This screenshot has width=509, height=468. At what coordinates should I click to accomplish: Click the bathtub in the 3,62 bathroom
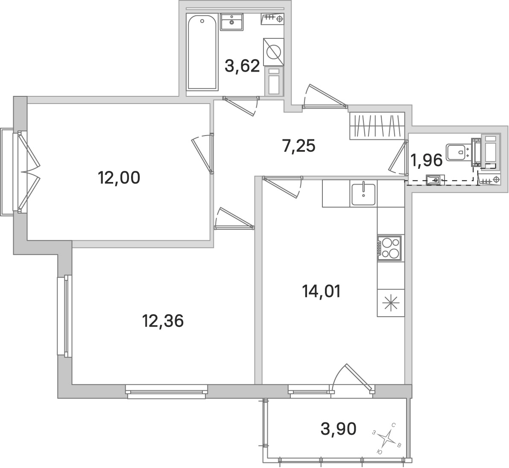(202, 52)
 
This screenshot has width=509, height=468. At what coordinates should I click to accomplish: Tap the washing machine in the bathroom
(273, 52)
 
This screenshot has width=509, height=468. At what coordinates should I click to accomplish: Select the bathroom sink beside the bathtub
(232, 22)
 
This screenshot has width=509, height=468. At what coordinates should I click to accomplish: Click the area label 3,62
(243, 66)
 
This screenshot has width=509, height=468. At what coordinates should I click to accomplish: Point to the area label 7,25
(298, 146)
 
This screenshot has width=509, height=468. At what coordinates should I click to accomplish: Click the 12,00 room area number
(119, 178)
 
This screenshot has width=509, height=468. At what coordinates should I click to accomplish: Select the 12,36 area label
(163, 321)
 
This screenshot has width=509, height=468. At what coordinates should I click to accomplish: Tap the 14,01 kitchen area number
(322, 292)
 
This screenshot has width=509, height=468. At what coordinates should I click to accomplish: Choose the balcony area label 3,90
(339, 429)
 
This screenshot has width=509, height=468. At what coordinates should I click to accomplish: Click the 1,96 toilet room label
(427, 160)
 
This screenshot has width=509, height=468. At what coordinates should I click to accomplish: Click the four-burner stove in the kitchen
(389, 248)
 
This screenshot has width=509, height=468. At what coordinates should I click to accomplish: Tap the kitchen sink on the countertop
(363, 194)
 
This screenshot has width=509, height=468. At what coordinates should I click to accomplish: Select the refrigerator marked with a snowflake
(391, 303)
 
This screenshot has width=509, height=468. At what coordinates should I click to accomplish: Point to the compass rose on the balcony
(386, 438)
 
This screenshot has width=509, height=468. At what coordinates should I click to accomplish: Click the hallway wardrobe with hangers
(377, 126)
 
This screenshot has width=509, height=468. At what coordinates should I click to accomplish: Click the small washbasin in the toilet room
(435, 179)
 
